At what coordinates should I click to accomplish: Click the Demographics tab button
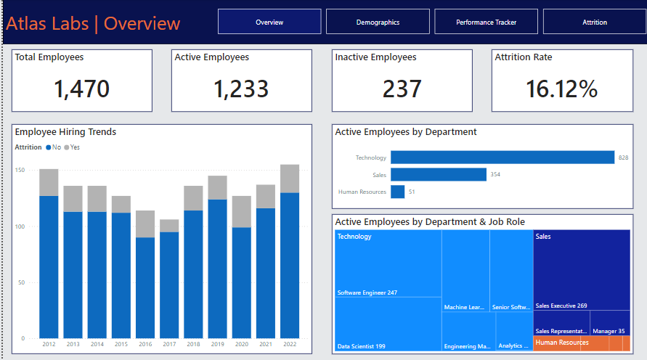click(x=378, y=22)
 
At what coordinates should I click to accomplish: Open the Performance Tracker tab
click(x=486, y=22)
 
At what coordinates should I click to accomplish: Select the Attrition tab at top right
click(x=594, y=22)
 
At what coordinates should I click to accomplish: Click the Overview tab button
click(x=269, y=22)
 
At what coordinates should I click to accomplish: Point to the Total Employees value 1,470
click(x=81, y=89)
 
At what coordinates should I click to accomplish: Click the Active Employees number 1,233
click(x=241, y=89)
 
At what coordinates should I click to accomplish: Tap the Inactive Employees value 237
click(x=402, y=89)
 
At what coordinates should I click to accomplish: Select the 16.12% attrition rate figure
click(x=561, y=89)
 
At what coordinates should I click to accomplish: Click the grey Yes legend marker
click(x=67, y=147)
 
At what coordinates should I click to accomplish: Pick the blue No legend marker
click(x=49, y=147)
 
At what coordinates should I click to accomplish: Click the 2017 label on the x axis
click(x=169, y=344)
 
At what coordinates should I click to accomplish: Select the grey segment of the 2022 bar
click(x=290, y=179)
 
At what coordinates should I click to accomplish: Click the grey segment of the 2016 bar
click(x=145, y=224)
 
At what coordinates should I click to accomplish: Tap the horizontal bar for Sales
click(x=438, y=174)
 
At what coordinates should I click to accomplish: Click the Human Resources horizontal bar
click(x=397, y=192)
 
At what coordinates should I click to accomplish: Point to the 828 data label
click(x=623, y=157)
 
